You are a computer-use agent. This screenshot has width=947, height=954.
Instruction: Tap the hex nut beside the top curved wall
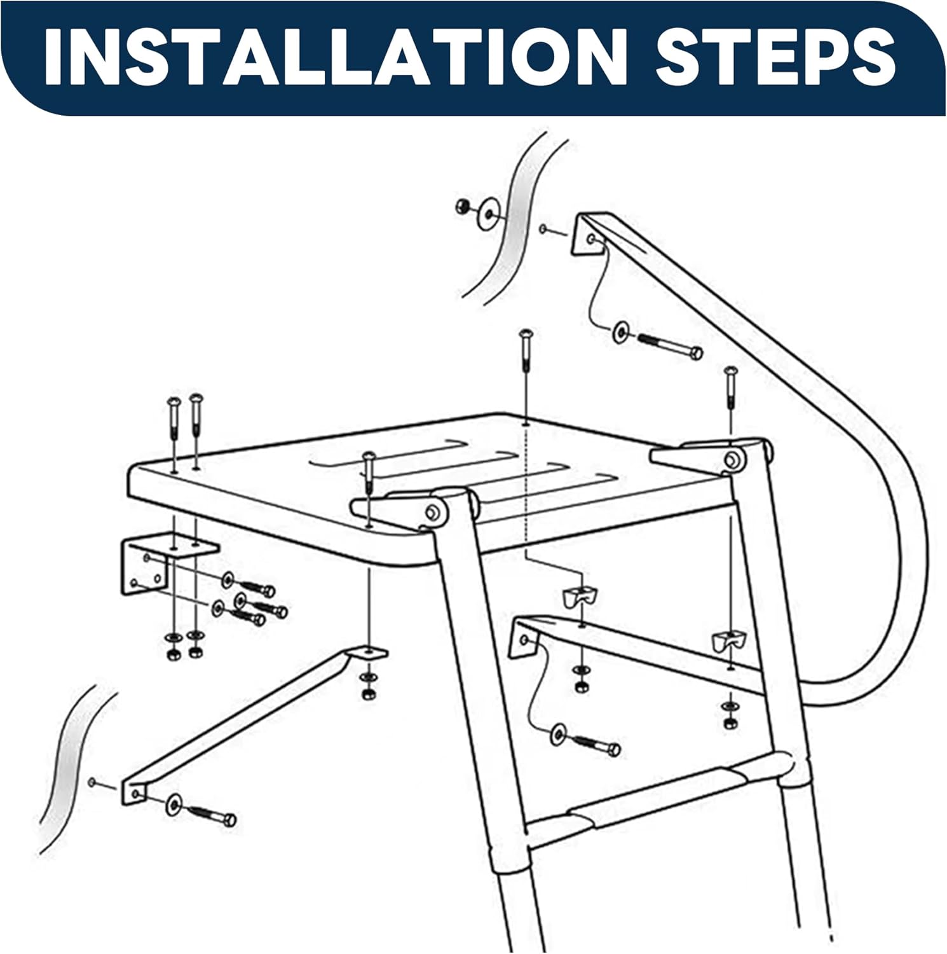tap(463, 206)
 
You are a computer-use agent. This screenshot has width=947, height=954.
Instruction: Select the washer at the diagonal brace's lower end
tap(174, 805)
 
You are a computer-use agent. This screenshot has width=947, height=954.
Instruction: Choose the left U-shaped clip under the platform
tap(580, 595)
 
